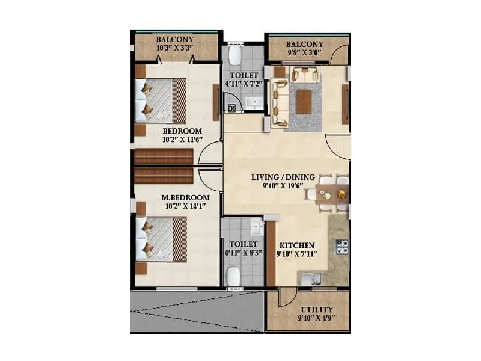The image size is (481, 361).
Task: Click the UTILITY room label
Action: click(316, 309)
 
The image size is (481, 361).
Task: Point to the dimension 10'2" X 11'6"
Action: click(182, 140)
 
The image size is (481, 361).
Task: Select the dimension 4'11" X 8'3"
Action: click(242, 253)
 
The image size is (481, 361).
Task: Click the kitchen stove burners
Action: click(342, 247)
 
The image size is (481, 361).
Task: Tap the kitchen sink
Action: click(310, 279)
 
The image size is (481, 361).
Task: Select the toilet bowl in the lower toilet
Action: click(234, 276)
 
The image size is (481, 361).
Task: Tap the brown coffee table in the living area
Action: click(304, 101)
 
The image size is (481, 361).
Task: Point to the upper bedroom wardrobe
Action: click(164, 157)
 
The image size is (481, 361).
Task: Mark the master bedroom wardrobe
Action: click(164, 175)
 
